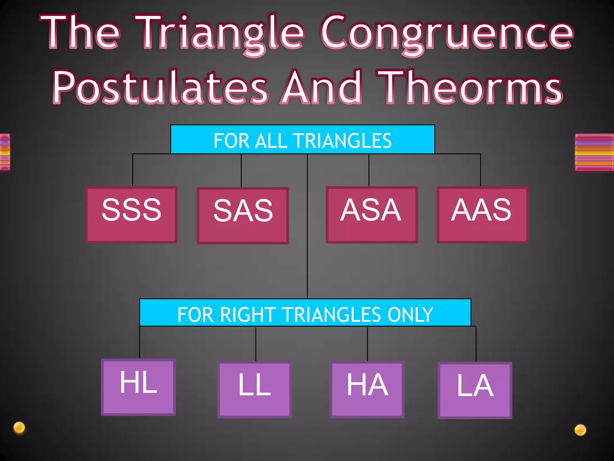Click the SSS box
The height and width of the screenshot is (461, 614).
coord(131,215)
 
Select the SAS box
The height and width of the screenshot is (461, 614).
coord(243,215)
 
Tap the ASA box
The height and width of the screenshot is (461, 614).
coord(372,215)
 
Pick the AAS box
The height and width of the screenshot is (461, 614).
coord(482,215)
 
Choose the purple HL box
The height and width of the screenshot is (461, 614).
coord(139,387)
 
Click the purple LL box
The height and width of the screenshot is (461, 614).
coord(255,390)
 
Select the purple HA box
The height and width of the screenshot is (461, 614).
coord(367,390)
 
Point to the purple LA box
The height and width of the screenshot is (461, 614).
coord(475,390)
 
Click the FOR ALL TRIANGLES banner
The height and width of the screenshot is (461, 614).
coord(303,140)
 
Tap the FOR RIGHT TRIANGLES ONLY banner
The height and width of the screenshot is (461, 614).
coord(305,313)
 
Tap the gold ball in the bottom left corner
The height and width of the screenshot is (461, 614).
coord(19,428)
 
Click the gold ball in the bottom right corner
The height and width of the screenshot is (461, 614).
coord(580,430)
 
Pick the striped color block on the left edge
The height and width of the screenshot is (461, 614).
coord(5,152)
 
